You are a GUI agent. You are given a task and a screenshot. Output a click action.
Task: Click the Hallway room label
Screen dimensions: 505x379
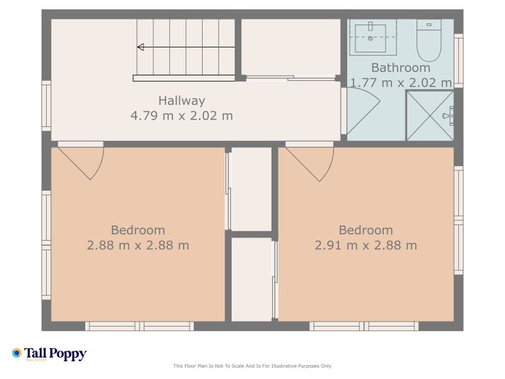pyautogui.click(x=182, y=101)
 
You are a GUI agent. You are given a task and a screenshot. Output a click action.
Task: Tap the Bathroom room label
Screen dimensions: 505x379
pyautogui.click(x=401, y=68)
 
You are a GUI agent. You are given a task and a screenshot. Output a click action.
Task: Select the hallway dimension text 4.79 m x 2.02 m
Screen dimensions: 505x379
pyautogui.click(x=182, y=116)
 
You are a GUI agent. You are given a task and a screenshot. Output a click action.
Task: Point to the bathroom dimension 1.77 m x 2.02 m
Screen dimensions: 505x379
pyautogui.click(x=401, y=83)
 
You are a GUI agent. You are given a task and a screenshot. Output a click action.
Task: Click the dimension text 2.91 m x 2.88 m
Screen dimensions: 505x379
pyautogui.click(x=366, y=246)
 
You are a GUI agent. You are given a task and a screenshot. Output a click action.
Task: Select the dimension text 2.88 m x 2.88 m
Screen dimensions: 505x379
pyautogui.click(x=138, y=246)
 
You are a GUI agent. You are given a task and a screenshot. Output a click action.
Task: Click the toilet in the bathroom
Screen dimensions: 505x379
pyautogui.click(x=429, y=40)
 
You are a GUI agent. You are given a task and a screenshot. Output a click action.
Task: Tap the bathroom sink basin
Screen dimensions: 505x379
pyautogui.click(x=371, y=38)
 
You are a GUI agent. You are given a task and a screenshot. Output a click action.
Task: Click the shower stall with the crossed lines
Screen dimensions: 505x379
pyautogui.click(x=430, y=116)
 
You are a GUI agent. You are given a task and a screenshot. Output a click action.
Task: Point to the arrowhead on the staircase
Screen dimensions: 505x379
pyautogui.click(x=140, y=47)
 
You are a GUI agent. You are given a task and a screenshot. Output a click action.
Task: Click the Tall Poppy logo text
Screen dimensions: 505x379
pyautogui.click(x=56, y=354)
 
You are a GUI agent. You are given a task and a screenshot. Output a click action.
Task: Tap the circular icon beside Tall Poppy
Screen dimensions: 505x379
pyautogui.click(x=17, y=353)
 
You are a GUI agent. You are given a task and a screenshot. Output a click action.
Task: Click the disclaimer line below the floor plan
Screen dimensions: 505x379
pyautogui.click(x=252, y=366)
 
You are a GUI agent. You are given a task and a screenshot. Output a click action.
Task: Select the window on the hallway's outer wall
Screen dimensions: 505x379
pyautogui.click(x=46, y=105)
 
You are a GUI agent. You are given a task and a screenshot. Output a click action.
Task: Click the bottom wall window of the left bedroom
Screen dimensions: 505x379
pyautogui.click(x=140, y=326)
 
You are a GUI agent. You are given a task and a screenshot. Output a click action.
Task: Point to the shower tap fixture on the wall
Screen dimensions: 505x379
pyautogui.click(x=449, y=116)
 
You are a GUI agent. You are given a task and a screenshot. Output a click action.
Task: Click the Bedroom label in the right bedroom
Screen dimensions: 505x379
pyautogui.click(x=366, y=231)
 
